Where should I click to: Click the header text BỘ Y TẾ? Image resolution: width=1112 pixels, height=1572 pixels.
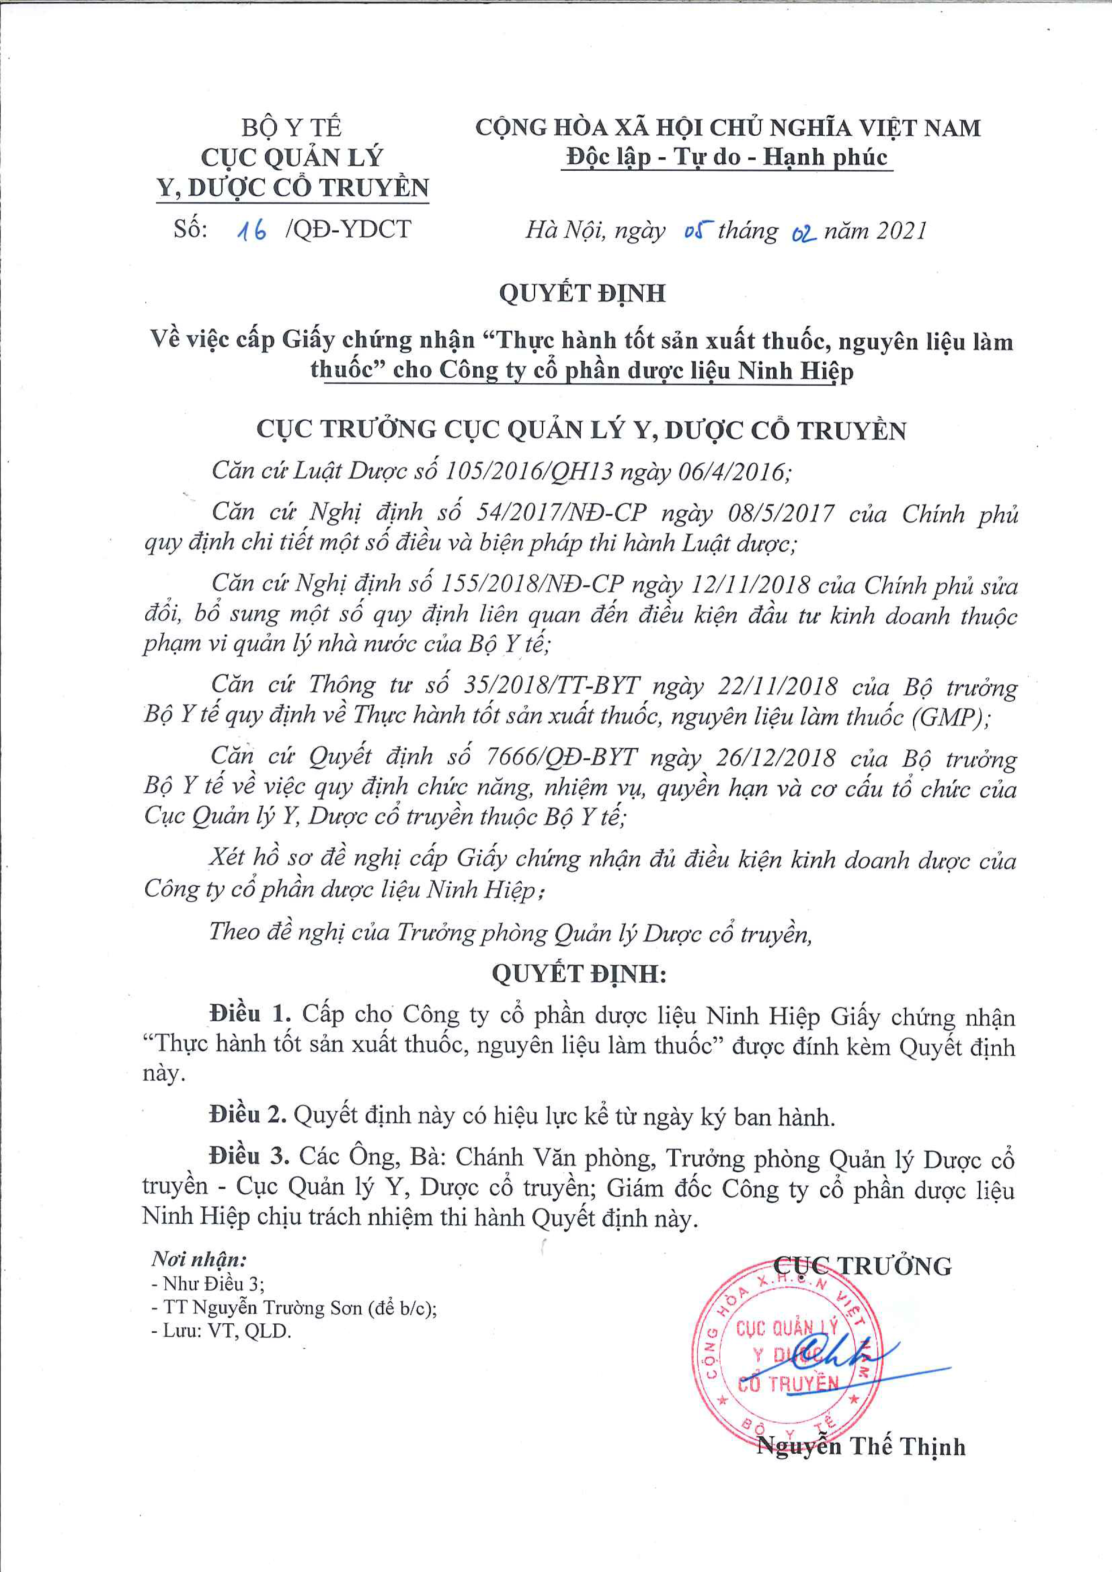(x=291, y=127)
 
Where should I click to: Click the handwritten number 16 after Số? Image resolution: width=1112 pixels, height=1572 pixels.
(x=251, y=231)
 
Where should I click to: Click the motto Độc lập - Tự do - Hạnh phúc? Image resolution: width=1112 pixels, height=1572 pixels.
(x=727, y=157)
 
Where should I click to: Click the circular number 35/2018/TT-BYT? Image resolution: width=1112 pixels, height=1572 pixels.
(x=551, y=685)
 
